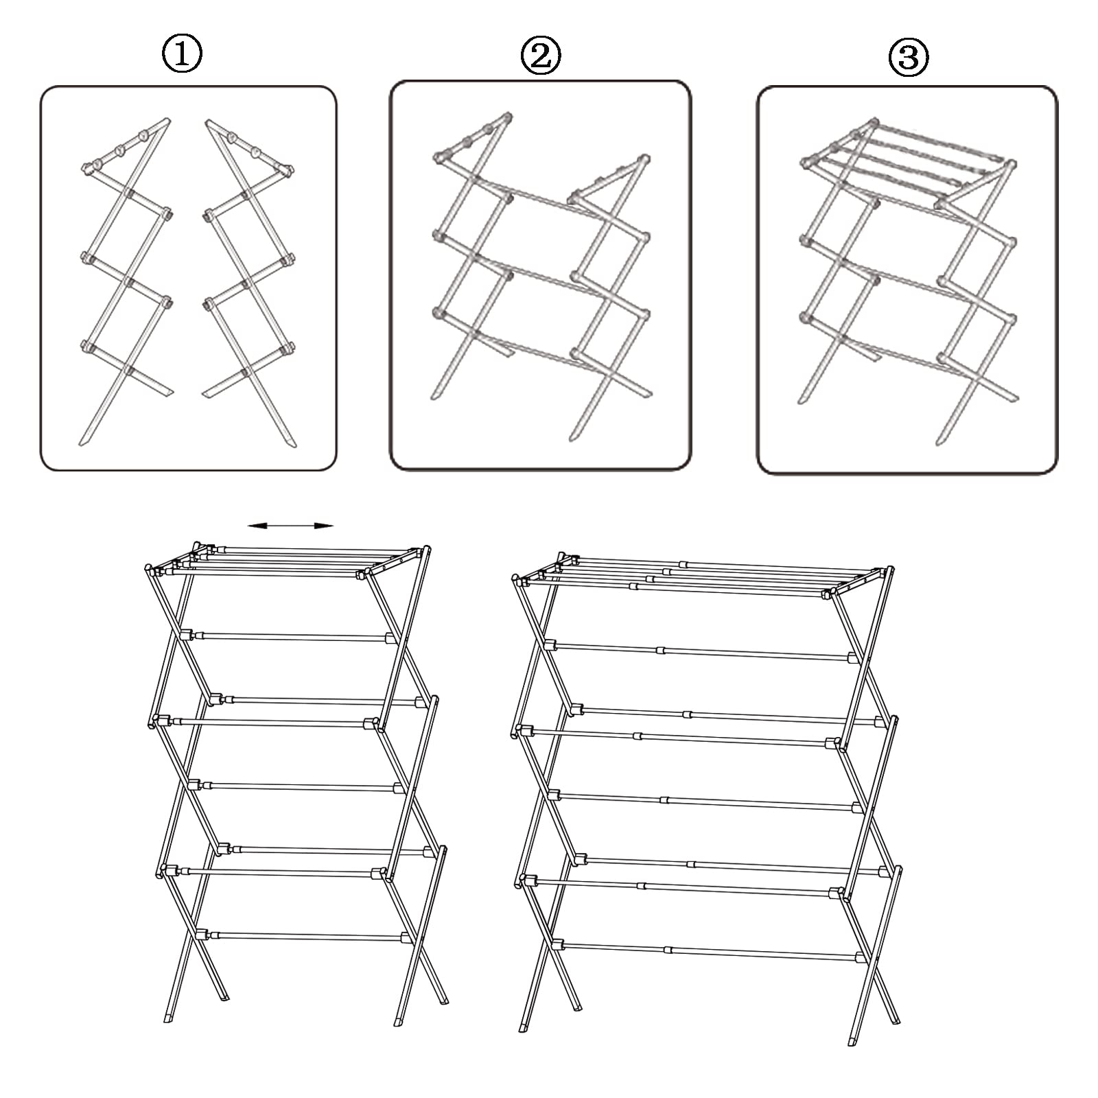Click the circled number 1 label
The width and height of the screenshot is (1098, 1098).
182,54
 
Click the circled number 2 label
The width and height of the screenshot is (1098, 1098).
541,56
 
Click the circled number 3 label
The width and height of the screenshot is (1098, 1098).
909,58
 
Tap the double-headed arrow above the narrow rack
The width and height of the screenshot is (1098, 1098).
290,526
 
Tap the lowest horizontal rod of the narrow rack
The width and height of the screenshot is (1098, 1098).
302,935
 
